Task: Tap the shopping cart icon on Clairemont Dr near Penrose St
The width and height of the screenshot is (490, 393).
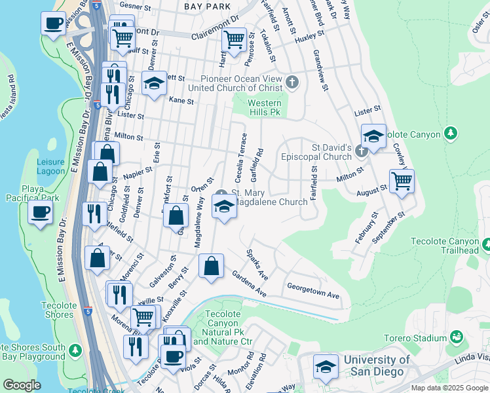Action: pyautogui.click(x=234, y=39)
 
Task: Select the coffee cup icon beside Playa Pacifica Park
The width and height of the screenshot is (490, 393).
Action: pyautogui.click(x=41, y=213)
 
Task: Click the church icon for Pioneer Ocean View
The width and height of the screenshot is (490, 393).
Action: pyautogui.click(x=292, y=83)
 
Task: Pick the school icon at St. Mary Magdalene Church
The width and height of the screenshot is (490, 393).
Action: pyautogui.click(x=224, y=207)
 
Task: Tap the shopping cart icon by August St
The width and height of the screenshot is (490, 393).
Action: pyautogui.click(x=402, y=180)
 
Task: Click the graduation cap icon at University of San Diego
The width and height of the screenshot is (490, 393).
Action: pyautogui.click(x=326, y=367)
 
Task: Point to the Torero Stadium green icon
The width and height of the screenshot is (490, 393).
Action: pyautogui.click(x=456, y=338)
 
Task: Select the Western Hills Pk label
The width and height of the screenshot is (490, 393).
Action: pyautogui.click(x=265, y=108)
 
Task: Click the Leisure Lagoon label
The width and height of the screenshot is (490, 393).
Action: pyautogui.click(x=50, y=166)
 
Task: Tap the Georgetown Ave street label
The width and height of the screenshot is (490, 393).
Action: pyautogui.click(x=313, y=291)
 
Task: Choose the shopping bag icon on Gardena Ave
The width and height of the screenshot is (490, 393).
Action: pyautogui.click(x=211, y=267)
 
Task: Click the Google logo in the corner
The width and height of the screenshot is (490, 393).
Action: pyautogui.click(x=21, y=385)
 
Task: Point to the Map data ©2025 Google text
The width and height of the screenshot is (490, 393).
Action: pyautogui.click(x=449, y=388)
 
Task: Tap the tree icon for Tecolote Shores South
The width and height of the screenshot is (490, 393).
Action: pyautogui.click(x=75, y=350)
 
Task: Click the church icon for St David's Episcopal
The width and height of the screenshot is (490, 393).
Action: pyautogui.click(x=360, y=153)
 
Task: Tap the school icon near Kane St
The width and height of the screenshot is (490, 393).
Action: pyautogui.click(x=154, y=83)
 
